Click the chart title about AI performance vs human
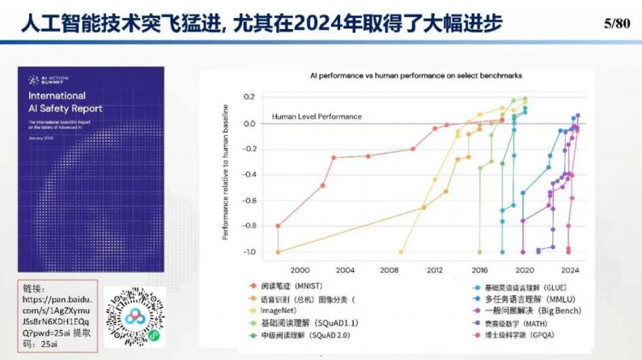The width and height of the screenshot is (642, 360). (416, 75)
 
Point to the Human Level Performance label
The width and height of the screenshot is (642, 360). (317, 116)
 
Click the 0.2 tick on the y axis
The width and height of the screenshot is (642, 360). (249, 96)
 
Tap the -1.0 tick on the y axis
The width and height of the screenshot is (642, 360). (248, 252)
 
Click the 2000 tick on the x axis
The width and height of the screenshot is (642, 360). (300, 269)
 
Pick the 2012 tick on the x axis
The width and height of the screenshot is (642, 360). (435, 269)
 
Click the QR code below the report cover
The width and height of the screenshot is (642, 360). (132, 316)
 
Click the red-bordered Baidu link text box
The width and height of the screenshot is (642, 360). (58, 316)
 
